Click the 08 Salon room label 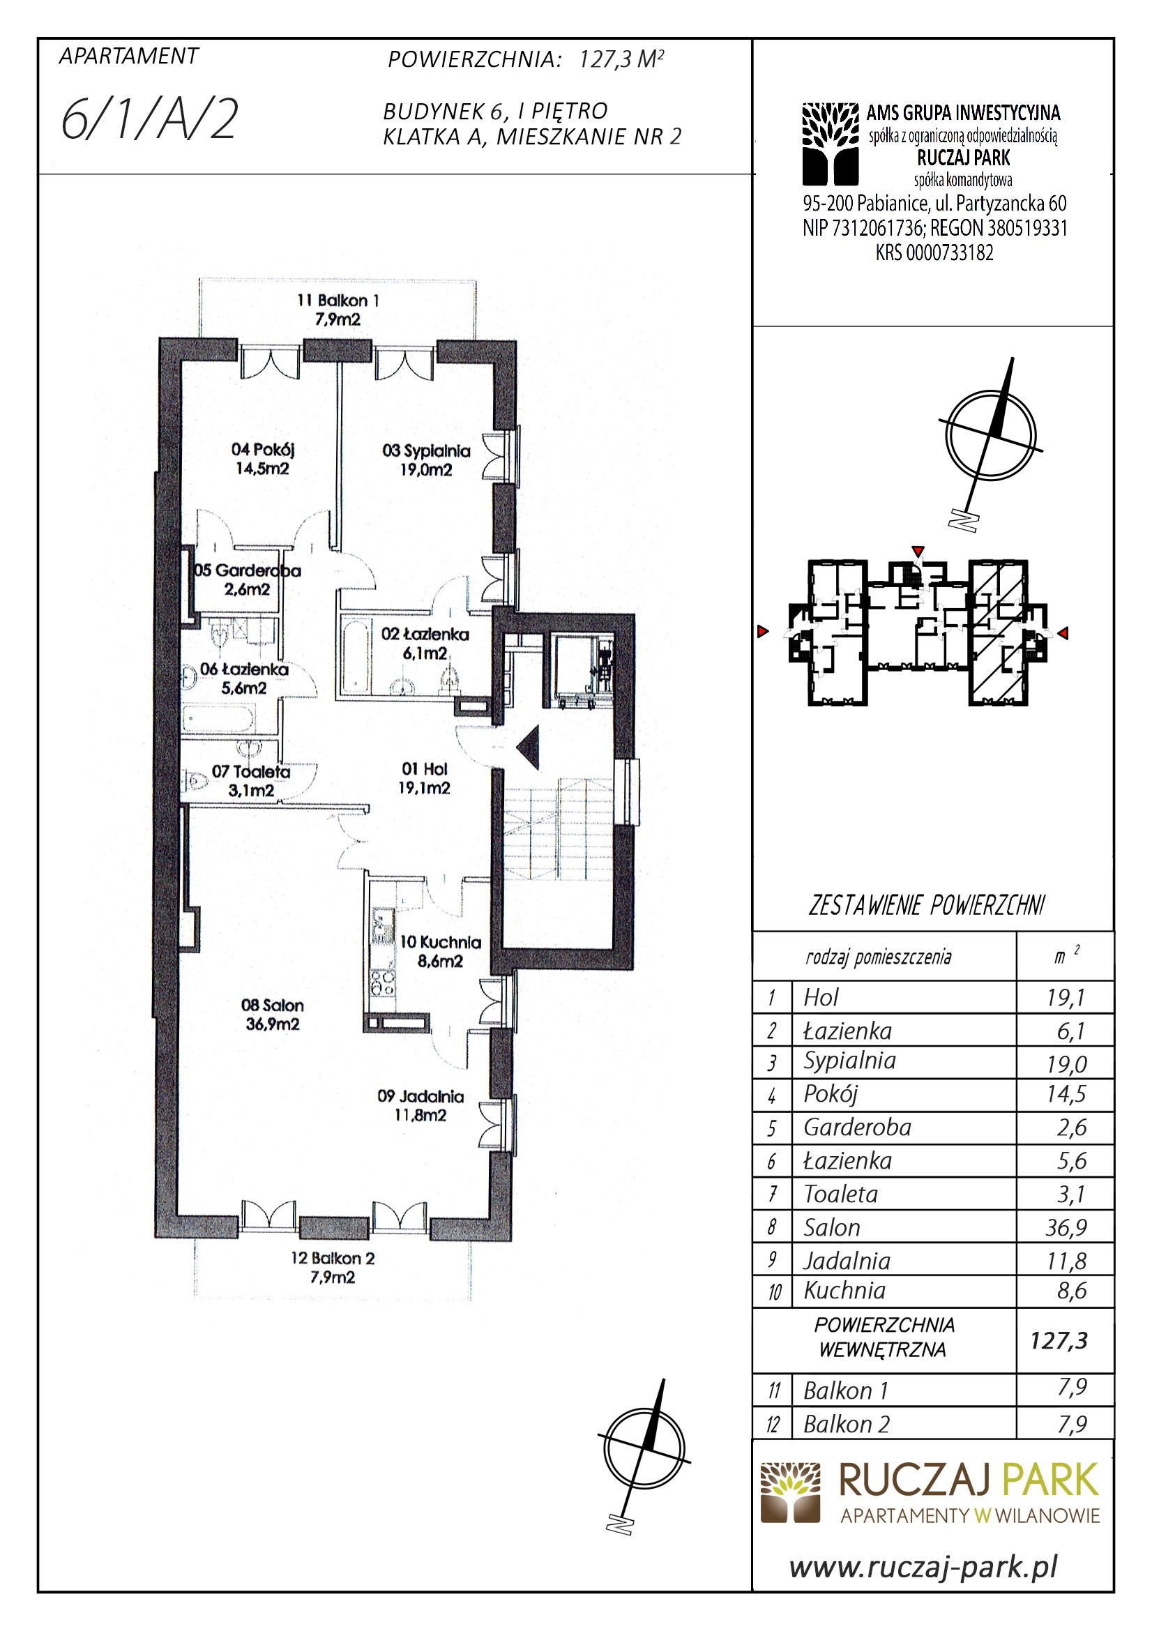(272, 1015)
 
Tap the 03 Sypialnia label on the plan (426, 460)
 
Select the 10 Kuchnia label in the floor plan (440, 951)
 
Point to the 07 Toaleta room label (251, 781)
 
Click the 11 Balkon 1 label (338, 310)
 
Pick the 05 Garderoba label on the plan (247, 579)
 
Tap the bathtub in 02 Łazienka (354, 657)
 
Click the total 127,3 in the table (1059, 1340)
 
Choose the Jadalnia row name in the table (847, 1261)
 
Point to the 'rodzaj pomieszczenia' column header (879, 957)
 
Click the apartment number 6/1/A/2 (149, 119)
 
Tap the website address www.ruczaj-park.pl (924, 1565)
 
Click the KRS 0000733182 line (934, 252)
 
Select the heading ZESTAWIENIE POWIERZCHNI (927, 906)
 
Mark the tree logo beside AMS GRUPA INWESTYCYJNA (831, 144)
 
